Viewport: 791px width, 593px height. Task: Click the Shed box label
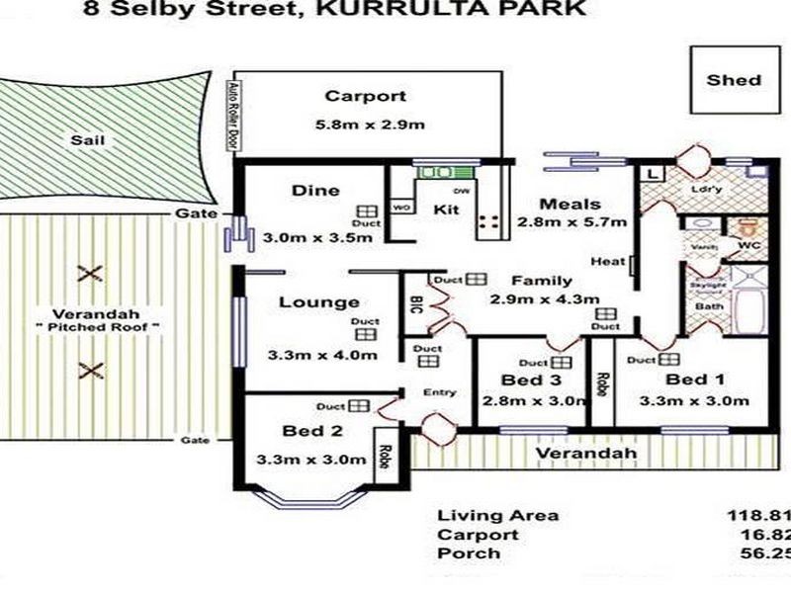pos(734,80)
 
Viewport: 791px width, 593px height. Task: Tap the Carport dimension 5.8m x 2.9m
pos(365,126)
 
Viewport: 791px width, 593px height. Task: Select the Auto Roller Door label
pos(234,114)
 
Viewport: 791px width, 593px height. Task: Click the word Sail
pos(88,140)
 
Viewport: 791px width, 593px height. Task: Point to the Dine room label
pos(315,191)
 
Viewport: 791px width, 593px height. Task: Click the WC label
pos(748,244)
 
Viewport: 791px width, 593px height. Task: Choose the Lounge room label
pos(317,302)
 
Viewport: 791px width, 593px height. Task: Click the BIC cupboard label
pos(415,305)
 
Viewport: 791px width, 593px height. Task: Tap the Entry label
pos(440,392)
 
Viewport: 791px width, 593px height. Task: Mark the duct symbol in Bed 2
pos(357,406)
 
